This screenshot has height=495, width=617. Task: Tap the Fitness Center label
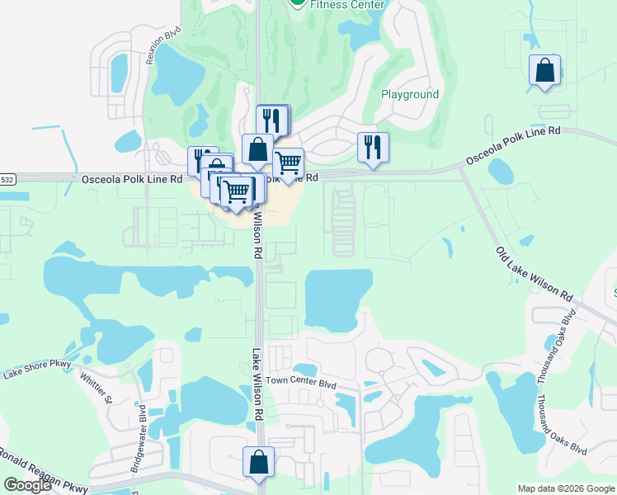[x=347, y=5]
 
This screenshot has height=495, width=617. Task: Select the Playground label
[x=410, y=94]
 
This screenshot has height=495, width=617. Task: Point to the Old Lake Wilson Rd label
[x=534, y=273]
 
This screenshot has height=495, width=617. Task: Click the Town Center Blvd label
[x=304, y=384]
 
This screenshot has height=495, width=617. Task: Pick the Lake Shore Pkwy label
[x=37, y=370]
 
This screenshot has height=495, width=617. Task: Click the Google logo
[x=26, y=485]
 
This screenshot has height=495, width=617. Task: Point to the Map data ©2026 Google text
[x=566, y=488]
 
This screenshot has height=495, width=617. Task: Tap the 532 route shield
[x=7, y=179]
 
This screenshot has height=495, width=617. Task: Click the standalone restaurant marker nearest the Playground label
[x=373, y=147]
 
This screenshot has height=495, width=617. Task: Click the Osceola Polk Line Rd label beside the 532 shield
[x=132, y=179]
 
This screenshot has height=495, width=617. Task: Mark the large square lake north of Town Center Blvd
[x=337, y=299]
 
